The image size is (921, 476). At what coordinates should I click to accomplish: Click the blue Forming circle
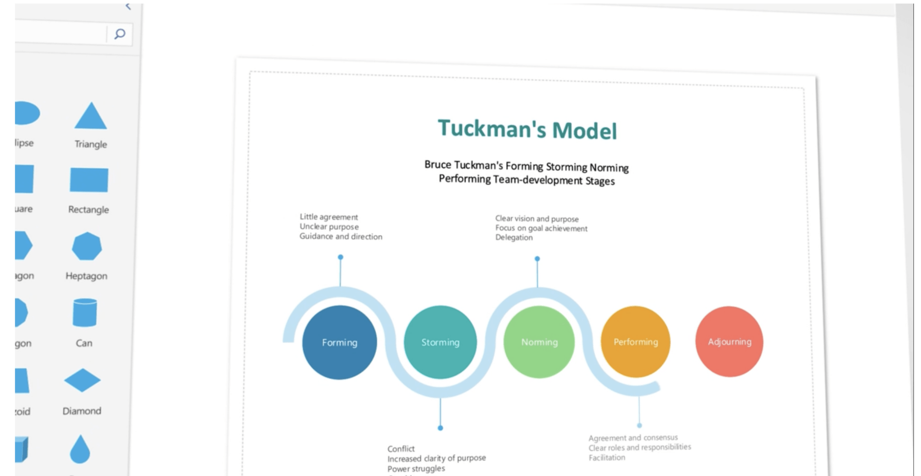point(340,342)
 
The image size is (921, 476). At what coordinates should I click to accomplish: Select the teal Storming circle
point(440,342)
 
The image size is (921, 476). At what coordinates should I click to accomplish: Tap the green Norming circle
point(539,342)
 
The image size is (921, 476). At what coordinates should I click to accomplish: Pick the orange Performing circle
point(636,342)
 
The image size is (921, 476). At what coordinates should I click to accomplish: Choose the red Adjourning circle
point(729,342)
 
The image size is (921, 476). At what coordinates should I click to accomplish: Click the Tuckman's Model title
point(527,130)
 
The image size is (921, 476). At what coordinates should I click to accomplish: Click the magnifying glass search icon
point(119,34)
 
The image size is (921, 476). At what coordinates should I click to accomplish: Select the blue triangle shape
point(90,117)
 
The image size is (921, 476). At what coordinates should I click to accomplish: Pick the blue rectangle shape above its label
point(89,180)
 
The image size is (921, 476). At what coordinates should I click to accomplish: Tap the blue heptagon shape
point(87,247)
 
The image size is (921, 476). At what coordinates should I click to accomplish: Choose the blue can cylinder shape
point(85,312)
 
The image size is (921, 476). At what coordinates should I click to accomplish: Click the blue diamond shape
point(83,381)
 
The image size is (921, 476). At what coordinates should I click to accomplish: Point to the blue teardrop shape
point(80,450)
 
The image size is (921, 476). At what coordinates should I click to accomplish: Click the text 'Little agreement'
point(329,217)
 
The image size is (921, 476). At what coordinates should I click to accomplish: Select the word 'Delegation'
point(514,238)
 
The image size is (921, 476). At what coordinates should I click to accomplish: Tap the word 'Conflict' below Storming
point(401,449)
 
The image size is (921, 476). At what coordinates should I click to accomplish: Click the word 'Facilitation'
point(607,457)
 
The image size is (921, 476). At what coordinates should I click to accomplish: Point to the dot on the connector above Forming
point(341,257)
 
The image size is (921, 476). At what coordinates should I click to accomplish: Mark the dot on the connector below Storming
point(440,428)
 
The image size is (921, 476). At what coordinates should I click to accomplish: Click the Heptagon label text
point(86,276)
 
